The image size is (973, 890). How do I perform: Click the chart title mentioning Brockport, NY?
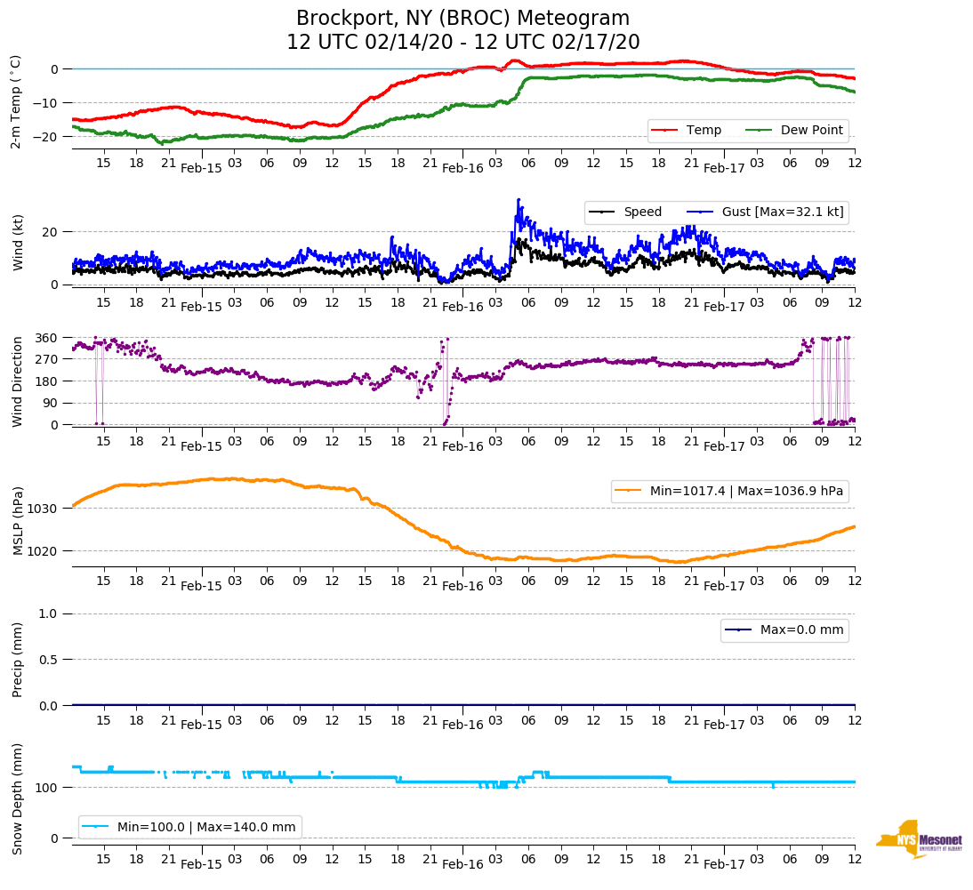pyautogui.click(x=462, y=19)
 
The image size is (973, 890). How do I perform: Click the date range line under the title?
pyautogui.click(x=462, y=43)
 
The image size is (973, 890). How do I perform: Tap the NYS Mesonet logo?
pyautogui.click(x=919, y=838)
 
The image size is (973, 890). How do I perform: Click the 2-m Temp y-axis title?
pyautogui.click(x=15, y=101)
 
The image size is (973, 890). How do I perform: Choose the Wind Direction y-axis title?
pyautogui.click(x=17, y=381)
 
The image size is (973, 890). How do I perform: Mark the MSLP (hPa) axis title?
pyautogui.click(x=17, y=521)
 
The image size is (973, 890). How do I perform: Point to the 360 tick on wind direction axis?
pyautogui.click(x=48, y=338)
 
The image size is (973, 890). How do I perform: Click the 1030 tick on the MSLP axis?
pyautogui.click(x=44, y=509)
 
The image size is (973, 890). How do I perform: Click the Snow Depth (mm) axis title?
pyautogui.click(x=17, y=798)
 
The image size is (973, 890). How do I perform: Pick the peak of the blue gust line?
pyautogui.click(x=519, y=200)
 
